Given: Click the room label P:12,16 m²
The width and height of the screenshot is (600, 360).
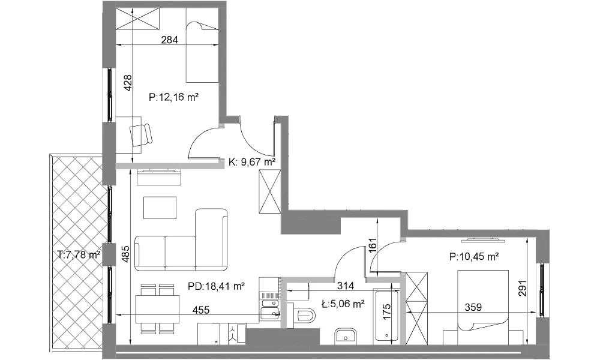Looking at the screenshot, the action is tap(173, 97).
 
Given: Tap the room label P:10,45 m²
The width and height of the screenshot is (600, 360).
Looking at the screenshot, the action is tap(474, 257).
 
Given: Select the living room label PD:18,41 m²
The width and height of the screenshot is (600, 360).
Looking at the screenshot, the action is tap(216, 286).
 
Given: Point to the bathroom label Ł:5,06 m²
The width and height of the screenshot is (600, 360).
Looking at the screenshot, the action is tap(343, 304).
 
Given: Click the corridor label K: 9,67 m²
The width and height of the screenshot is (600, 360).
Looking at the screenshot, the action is tap(252, 162).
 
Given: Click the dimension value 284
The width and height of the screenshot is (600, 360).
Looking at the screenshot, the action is tap(169, 40).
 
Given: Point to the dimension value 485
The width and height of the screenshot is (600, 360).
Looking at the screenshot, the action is tap(126, 253).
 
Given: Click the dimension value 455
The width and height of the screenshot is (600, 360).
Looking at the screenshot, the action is tap(201, 310).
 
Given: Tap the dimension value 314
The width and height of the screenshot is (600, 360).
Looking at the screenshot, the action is tap(346, 286).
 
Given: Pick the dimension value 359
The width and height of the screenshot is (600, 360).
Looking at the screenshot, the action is tap(473, 307).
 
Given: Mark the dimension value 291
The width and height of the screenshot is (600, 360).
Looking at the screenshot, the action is tap(523, 289).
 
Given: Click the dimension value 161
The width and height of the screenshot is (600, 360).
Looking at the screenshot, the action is tap(373, 245).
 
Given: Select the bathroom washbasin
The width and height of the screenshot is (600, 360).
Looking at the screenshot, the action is tap(346, 336).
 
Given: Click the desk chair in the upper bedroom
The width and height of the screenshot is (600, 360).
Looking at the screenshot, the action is tap(141, 134).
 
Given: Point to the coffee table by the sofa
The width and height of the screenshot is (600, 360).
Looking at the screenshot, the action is tap(160, 208).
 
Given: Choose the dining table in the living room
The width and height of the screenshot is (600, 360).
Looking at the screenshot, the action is tap(157, 309).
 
